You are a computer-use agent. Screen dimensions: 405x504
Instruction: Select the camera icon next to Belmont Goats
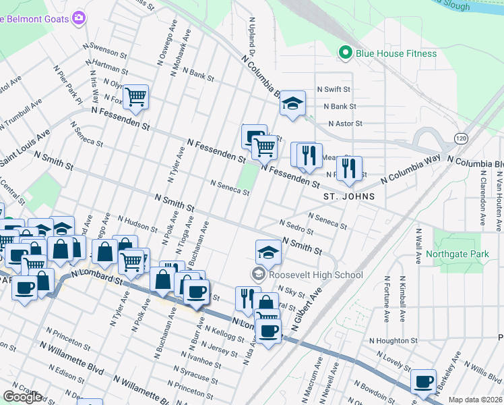point(80,18)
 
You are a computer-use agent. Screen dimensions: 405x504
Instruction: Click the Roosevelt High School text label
point(315,275)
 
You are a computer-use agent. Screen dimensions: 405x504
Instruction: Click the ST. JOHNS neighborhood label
point(348,196)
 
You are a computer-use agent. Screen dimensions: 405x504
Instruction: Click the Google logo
point(22,396)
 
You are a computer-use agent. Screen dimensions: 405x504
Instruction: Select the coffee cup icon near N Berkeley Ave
point(424,382)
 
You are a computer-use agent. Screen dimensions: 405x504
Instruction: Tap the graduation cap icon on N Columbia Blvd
point(292,103)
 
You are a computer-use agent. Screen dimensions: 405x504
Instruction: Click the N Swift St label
point(337,89)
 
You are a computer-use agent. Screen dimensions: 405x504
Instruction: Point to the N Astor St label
point(345,124)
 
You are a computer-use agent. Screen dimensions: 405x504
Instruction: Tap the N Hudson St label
point(137,225)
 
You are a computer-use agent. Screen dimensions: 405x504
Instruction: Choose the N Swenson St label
point(105,51)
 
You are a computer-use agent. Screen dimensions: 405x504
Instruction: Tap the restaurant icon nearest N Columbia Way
point(349,168)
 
